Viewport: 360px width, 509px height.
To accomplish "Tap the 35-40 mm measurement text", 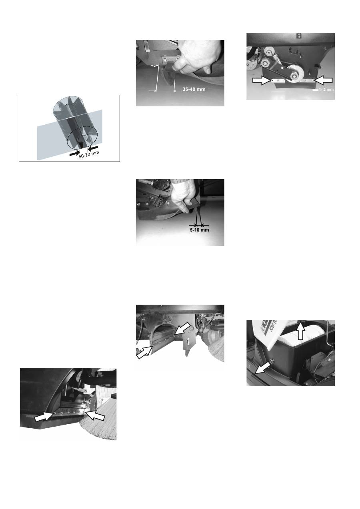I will [x=192, y=90].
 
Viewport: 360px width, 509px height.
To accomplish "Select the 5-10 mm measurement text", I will [x=200, y=230].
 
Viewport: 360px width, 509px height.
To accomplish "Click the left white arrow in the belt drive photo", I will [x=262, y=80].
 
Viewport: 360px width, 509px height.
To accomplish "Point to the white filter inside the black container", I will [x=288, y=339].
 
